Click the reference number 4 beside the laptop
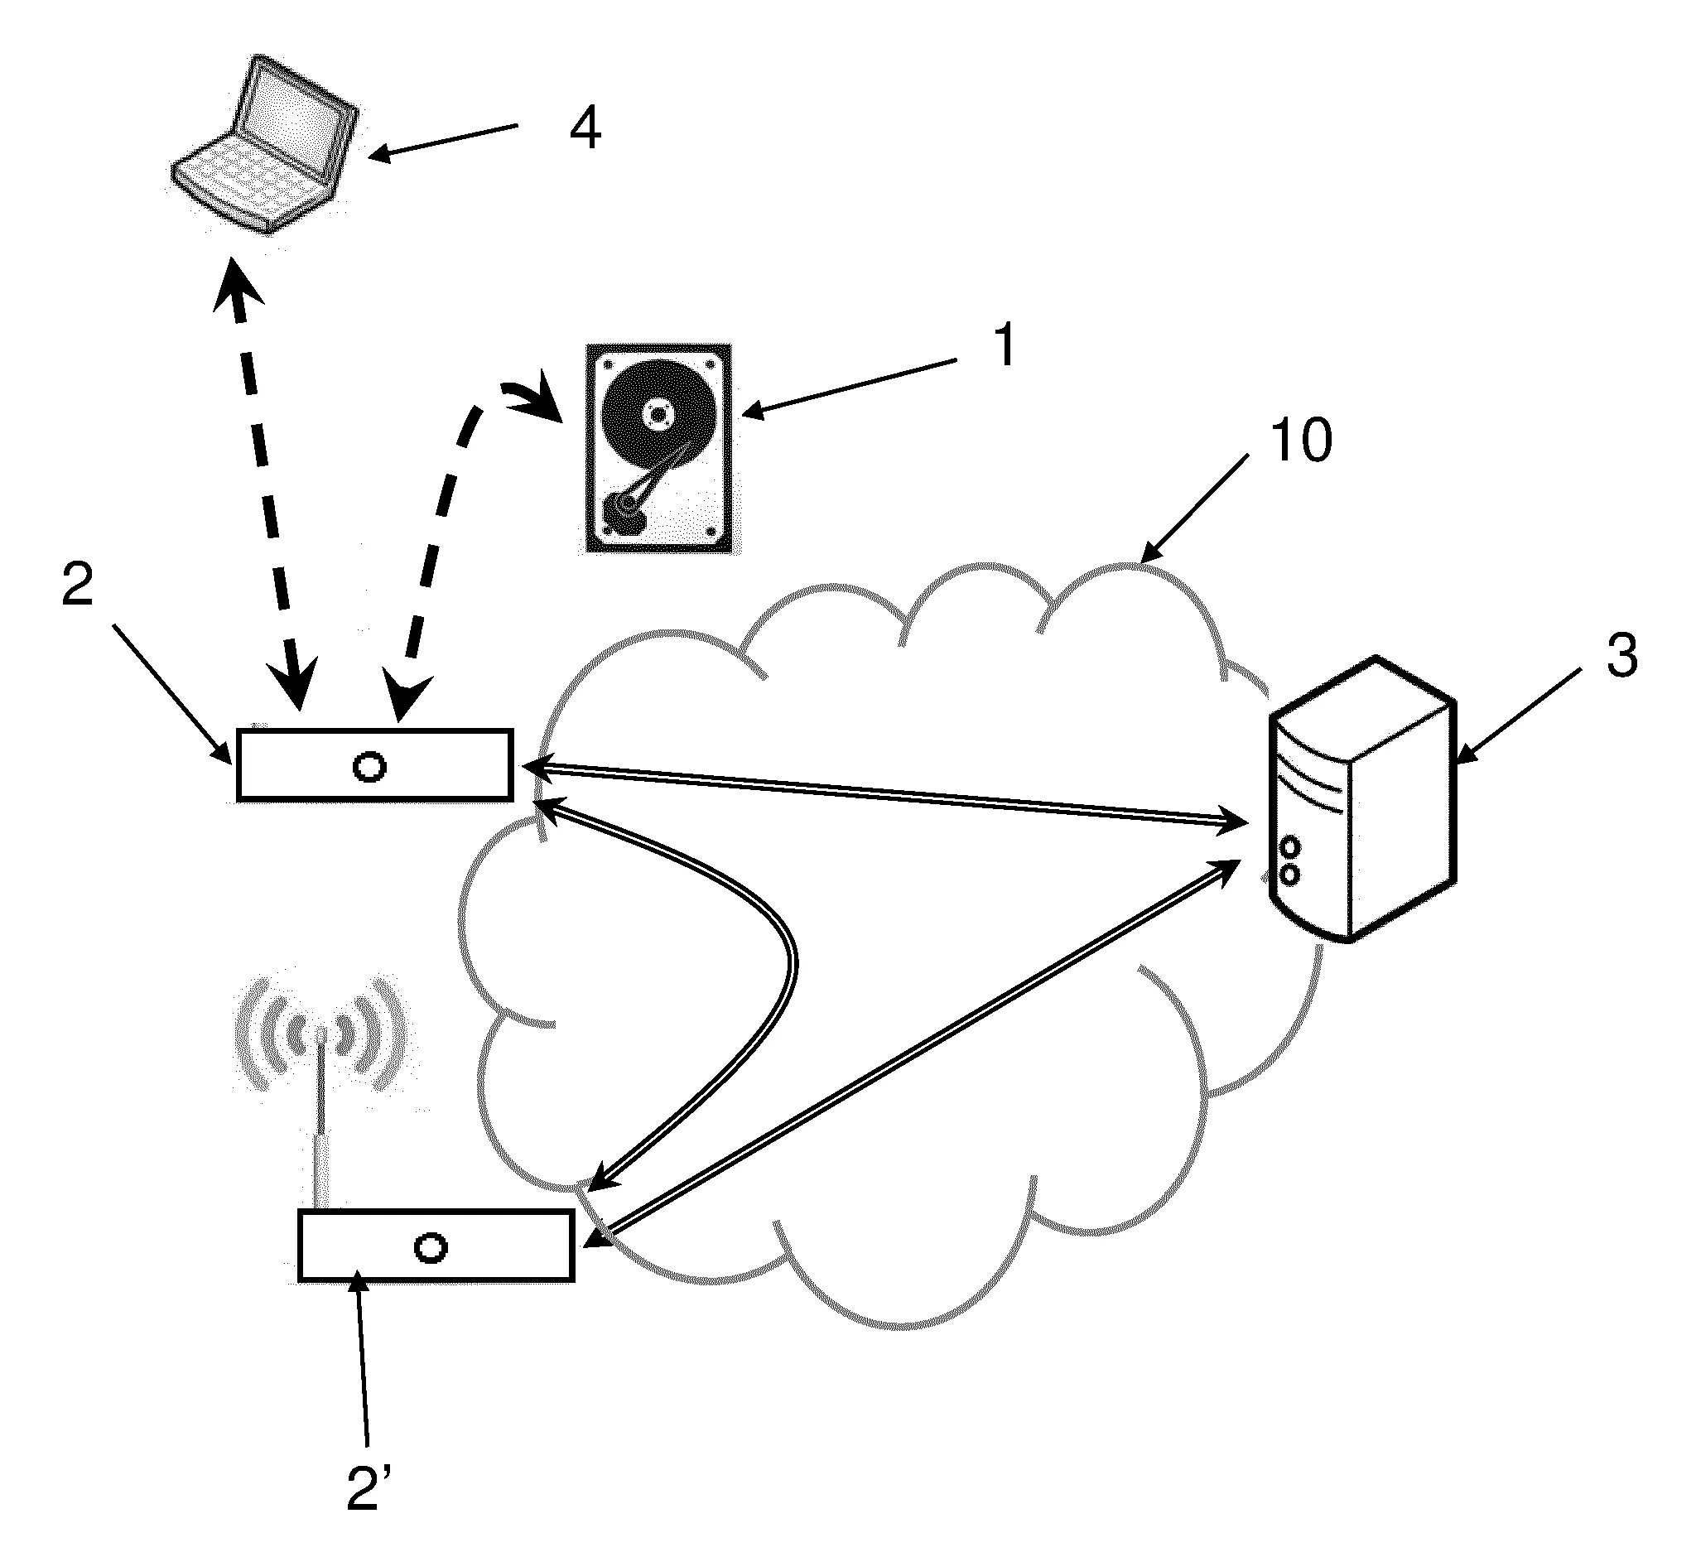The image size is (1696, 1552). [585, 128]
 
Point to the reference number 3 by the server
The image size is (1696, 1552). [1622, 655]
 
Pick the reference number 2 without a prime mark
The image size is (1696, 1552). [77, 586]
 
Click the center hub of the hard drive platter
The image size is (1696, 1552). [657, 414]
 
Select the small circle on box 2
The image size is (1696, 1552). [369, 766]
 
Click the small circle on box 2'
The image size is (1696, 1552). [431, 1247]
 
